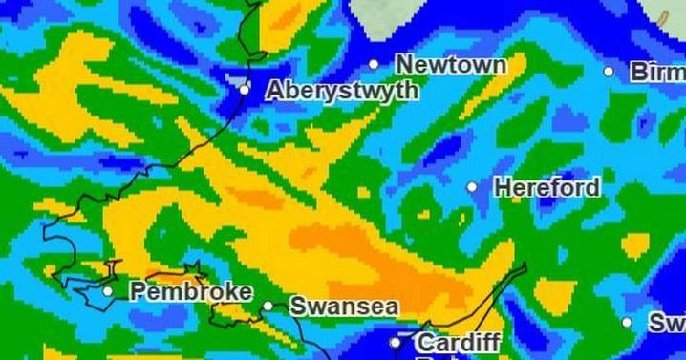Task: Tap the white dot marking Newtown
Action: [x=375, y=65]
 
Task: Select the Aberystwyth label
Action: [x=341, y=91]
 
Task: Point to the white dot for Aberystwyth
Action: [x=245, y=90]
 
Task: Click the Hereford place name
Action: [x=547, y=187]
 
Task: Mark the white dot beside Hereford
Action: [x=472, y=187]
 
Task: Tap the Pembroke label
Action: [x=191, y=291]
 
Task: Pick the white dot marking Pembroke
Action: [x=108, y=291]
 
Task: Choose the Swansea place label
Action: [x=343, y=307]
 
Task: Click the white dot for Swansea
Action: [x=268, y=307]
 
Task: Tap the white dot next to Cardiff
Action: [x=396, y=342]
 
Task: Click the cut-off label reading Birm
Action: [x=656, y=72]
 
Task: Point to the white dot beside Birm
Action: [x=609, y=72]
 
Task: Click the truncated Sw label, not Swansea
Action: [x=667, y=324]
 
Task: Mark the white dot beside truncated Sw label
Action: [x=628, y=324]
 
